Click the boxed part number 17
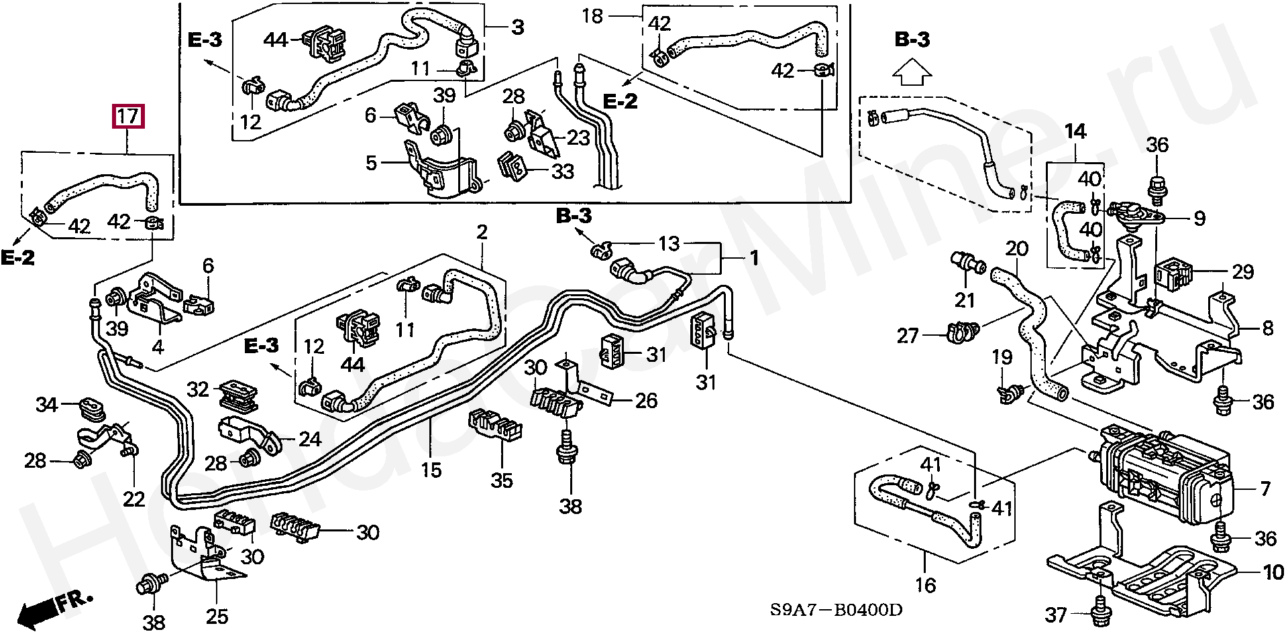pyautogui.click(x=128, y=117)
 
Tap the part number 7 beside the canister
pyautogui.click(x=1265, y=489)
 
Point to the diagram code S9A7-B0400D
pyautogui.click(x=835, y=610)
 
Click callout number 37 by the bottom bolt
pyautogui.click(x=1056, y=614)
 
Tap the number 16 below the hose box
pyautogui.click(x=925, y=585)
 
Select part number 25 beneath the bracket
pyautogui.click(x=217, y=616)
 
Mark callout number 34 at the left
pyautogui.click(x=47, y=404)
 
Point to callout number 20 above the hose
pyautogui.click(x=1016, y=249)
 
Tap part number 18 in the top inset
pyautogui.click(x=592, y=15)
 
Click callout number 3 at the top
pyautogui.click(x=517, y=27)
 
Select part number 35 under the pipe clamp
pyautogui.click(x=501, y=480)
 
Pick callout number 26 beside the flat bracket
pyautogui.click(x=645, y=401)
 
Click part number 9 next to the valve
pyautogui.click(x=1199, y=218)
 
